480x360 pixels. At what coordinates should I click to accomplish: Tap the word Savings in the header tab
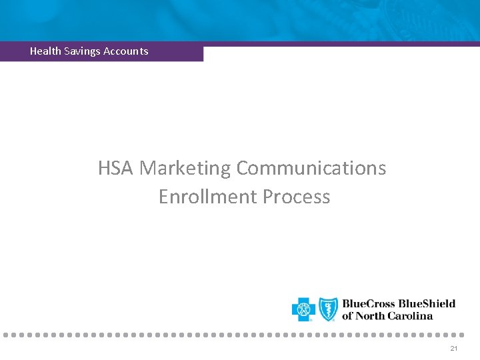83,51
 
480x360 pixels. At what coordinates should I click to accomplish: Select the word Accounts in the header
126,51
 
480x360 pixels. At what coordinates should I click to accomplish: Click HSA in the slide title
116,168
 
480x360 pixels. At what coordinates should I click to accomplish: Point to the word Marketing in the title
185,168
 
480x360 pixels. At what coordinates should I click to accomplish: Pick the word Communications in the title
311,168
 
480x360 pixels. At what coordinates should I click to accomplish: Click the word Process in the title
297,197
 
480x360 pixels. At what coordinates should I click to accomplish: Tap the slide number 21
454,349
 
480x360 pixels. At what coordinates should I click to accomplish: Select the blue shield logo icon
328,309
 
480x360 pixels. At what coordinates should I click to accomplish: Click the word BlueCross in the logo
369,304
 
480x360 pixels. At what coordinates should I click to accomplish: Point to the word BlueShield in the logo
427,304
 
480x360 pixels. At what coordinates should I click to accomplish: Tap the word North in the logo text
372,316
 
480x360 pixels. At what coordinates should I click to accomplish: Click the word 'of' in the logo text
348,316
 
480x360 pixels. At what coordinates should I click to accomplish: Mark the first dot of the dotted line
4,334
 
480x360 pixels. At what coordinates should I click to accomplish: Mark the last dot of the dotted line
461,334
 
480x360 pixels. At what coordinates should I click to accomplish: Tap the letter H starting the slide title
104,168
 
